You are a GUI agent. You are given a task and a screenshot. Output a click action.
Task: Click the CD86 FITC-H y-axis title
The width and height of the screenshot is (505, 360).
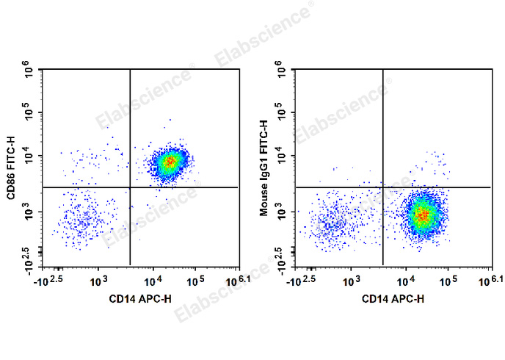point(12,168)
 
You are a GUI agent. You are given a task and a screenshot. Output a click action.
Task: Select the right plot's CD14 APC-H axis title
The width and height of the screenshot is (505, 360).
point(393,298)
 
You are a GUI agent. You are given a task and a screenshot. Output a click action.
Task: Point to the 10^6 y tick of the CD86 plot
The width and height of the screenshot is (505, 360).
point(29,71)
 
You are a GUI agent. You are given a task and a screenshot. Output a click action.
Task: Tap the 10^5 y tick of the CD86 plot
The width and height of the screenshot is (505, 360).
point(29,114)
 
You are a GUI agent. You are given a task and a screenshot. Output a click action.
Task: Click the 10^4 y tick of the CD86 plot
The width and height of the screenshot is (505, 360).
point(29,156)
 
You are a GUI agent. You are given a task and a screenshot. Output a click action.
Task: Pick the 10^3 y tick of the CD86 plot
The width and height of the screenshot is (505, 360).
point(29,212)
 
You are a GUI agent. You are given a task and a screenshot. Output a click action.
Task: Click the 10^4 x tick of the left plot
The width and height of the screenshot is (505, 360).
point(153,280)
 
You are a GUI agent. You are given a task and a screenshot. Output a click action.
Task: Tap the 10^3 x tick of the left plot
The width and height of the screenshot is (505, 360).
point(100,280)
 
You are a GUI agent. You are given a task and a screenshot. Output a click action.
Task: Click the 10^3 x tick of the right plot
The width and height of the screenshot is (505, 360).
point(352,280)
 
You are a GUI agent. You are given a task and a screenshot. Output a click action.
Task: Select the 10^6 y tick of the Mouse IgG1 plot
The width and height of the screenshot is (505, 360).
point(282,71)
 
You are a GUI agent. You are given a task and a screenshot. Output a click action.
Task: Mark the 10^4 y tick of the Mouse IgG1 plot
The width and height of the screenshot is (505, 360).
point(282,156)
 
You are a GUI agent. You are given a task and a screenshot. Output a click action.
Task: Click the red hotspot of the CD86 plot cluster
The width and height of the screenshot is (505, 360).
point(170,160)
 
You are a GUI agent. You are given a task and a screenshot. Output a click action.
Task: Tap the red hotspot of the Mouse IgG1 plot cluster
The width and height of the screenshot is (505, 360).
point(422,215)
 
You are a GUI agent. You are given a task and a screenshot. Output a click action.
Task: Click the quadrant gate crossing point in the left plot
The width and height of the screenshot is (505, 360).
point(130,187)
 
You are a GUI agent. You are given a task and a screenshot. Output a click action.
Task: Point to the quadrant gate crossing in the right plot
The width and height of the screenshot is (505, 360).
point(382,187)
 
